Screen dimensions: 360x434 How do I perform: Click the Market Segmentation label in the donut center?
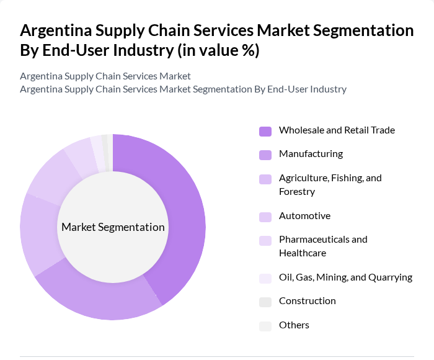tap(113, 227)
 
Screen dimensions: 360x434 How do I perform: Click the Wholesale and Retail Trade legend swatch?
tap(265, 131)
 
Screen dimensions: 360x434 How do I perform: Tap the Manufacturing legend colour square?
tap(265, 155)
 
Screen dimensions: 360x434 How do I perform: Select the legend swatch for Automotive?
tap(265, 217)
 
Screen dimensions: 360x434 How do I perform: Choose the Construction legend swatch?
tap(265, 302)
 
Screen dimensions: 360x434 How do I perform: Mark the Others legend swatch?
tap(265, 326)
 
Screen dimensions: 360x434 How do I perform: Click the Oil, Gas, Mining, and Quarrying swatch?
tap(265, 278)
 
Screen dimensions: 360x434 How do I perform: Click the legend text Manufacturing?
tap(311, 154)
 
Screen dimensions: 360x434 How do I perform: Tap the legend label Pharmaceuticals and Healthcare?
tap(323, 246)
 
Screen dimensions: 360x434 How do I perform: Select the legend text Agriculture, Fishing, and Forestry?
tap(330, 185)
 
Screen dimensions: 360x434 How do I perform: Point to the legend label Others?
tap(294, 325)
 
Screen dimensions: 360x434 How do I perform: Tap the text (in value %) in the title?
tap(218, 50)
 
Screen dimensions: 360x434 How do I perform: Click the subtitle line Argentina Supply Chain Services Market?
tap(105, 76)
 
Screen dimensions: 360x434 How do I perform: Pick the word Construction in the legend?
tap(307, 301)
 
